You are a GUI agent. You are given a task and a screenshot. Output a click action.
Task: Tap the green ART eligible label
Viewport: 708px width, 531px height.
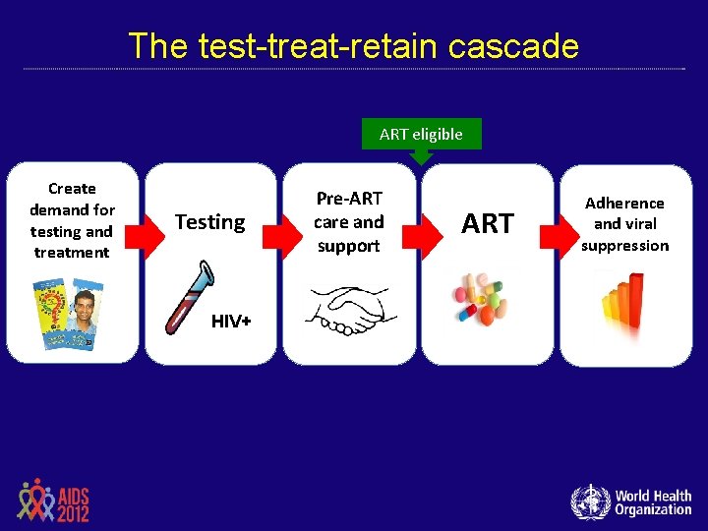point(421,134)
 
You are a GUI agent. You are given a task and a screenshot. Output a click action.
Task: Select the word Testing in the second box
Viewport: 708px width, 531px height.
point(209,222)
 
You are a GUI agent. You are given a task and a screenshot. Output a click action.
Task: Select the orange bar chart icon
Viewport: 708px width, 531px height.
point(624,305)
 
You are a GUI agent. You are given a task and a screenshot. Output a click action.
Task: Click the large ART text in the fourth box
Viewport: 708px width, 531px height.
point(488,224)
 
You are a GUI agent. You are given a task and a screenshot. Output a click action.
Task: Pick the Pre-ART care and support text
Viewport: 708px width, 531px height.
point(349,222)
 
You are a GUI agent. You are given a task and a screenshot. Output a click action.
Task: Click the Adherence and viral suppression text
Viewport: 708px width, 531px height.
point(624,224)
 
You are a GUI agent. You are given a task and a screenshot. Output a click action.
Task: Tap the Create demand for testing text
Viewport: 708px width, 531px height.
point(72,220)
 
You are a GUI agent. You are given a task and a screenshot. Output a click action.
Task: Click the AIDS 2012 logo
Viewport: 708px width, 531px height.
point(53,501)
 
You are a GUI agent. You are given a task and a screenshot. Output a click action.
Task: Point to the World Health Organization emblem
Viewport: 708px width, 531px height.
point(590,501)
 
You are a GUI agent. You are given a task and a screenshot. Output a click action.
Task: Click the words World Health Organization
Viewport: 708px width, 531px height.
point(653,502)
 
